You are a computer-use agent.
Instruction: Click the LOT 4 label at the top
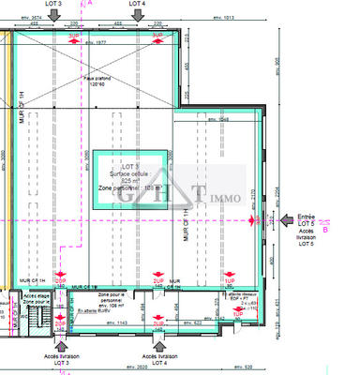pos(137,5)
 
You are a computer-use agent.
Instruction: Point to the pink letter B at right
pos(325,229)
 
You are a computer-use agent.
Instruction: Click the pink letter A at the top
pos(90,4)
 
